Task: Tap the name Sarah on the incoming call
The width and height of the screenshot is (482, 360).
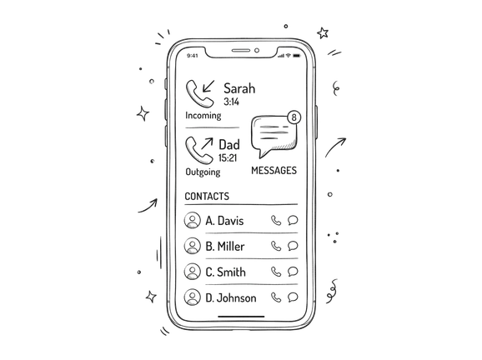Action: point(239,88)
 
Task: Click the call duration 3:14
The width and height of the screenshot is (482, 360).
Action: point(231,102)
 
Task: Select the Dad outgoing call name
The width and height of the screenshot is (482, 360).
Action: point(229,145)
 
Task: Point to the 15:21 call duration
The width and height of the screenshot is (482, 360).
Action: point(228,157)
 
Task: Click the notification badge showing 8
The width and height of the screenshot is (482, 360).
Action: point(294,117)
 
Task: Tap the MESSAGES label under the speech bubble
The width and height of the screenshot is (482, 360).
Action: point(274,171)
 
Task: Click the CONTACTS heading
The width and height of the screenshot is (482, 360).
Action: point(207,197)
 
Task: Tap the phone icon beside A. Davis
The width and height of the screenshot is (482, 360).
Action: point(276,220)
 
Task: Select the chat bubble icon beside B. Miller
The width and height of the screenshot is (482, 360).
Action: point(293,246)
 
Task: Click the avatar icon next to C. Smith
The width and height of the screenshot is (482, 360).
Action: point(193,272)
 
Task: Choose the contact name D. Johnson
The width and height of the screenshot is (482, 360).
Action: point(230,298)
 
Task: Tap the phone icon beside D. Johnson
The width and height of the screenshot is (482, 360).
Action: point(276,297)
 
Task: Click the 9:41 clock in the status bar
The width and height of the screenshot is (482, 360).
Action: point(192,56)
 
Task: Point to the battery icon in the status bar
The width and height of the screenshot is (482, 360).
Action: point(296,56)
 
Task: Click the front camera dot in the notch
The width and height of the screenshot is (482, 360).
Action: point(257,50)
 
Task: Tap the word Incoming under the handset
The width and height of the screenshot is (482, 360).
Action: point(203,116)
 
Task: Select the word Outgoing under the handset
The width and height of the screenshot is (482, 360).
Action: point(203,172)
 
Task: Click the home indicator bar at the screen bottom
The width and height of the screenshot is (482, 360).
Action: point(241,316)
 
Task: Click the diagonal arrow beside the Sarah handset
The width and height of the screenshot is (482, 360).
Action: point(208,87)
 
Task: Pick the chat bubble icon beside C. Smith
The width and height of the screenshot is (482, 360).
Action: point(293,271)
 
